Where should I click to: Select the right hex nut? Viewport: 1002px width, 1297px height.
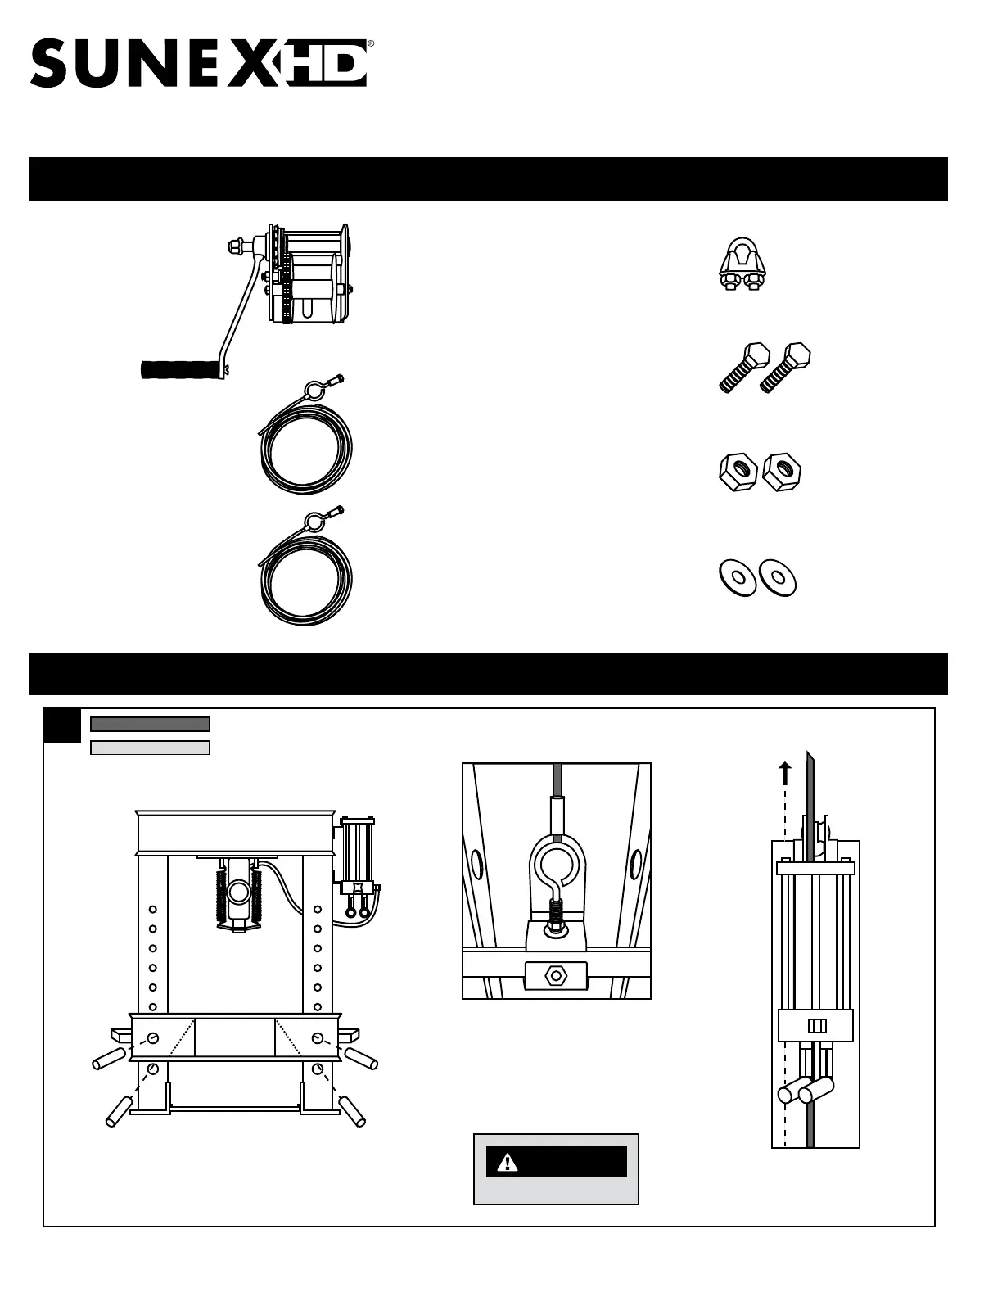coord(782,472)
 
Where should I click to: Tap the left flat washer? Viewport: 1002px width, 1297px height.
coord(737,577)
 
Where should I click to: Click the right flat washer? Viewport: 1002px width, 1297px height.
coord(778,577)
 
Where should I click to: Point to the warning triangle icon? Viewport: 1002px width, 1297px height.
coord(508,1161)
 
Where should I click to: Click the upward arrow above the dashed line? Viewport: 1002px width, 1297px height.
coord(785,771)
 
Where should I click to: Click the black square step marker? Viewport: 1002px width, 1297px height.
coord(62,726)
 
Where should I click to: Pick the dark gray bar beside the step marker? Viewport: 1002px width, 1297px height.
coord(150,724)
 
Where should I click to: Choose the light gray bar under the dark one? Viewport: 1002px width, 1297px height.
coord(150,748)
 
